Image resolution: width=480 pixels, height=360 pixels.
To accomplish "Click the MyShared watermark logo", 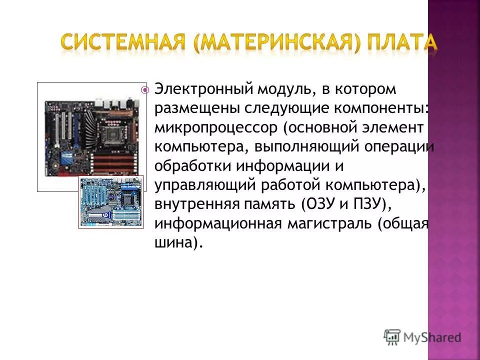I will tap(422, 337).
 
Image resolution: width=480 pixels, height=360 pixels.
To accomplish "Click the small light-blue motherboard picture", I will tap(111, 201).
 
